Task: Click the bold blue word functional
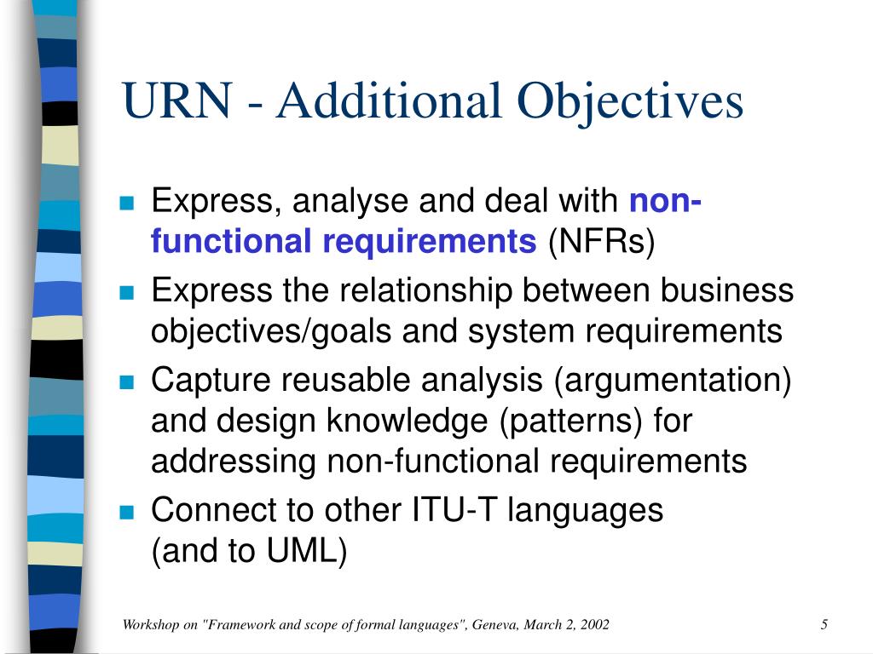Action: [x=232, y=242]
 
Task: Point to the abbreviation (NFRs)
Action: [x=602, y=242]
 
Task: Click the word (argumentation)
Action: [x=673, y=380]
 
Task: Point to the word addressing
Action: [x=234, y=462]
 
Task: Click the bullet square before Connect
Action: [x=128, y=513]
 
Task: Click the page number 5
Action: [x=824, y=625]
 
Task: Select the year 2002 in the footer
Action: [x=593, y=625]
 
